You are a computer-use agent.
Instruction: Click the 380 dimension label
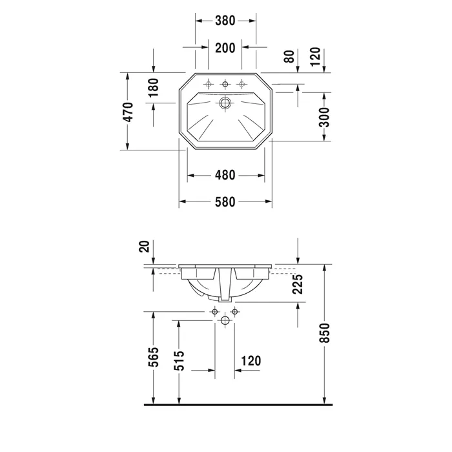point(225,21)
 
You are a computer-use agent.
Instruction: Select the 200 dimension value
point(225,48)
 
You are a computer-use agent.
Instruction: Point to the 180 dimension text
point(154,87)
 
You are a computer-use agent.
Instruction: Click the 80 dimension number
point(289,56)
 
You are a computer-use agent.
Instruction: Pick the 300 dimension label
point(324,117)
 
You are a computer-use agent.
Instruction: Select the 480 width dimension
point(225,175)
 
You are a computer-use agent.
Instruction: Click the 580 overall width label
point(225,201)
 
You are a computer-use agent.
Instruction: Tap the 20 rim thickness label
point(145,247)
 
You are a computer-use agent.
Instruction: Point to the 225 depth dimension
point(298,284)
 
